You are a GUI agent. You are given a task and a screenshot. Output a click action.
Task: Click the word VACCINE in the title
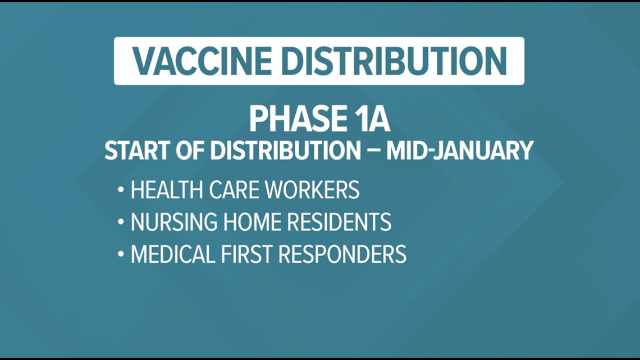tap(202, 61)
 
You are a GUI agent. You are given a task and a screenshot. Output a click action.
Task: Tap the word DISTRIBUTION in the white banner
tap(394, 61)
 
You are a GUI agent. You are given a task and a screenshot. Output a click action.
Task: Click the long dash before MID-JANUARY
tap(374, 151)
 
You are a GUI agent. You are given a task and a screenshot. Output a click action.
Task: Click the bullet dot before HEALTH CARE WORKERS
tap(120, 190)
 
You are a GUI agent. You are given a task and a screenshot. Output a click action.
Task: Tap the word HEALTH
tap(167, 190)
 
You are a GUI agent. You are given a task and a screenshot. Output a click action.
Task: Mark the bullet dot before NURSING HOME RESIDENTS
tap(120, 222)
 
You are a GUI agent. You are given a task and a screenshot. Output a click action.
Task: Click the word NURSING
tap(174, 222)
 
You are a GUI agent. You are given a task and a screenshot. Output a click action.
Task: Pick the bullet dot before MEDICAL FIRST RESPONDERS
tap(120, 254)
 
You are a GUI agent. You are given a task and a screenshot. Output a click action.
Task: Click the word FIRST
tap(246, 254)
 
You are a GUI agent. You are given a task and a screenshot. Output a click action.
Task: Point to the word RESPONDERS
tap(342, 254)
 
